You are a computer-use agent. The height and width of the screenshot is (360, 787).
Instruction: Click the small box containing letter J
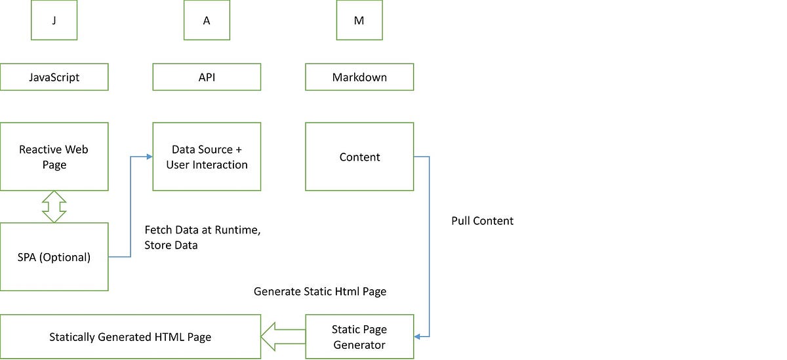coord(54,20)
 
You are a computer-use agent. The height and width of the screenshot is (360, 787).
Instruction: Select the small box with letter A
coord(207,20)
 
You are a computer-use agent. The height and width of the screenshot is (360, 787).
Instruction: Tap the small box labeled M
coord(359,20)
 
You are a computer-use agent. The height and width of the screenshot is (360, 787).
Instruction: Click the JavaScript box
coord(54,77)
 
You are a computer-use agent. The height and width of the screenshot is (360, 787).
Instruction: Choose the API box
coord(207,77)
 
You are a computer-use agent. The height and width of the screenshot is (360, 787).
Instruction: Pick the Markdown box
coord(359,77)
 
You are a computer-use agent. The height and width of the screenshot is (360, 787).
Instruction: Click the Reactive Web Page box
coord(54,157)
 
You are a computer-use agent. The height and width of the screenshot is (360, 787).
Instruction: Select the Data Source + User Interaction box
coord(207,157)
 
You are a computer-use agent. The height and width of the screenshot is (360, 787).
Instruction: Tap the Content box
coord(359,157)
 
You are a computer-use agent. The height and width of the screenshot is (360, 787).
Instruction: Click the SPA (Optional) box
coord(54,257)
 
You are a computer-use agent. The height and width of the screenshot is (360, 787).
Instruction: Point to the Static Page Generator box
coord(359,337)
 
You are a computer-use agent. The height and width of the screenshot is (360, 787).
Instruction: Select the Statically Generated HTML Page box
coord(130,337)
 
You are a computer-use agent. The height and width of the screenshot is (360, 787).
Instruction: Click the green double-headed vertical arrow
coord(54,207)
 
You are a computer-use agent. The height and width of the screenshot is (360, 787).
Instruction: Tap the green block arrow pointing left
coord(283,337)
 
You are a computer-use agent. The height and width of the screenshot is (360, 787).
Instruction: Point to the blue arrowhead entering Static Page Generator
coord(418,337)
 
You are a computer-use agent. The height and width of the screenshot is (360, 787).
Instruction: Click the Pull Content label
coord(482,221)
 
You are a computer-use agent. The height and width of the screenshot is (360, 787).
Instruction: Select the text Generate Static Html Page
coord(319,291)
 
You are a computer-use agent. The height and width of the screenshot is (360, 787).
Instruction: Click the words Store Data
coord(171,245)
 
